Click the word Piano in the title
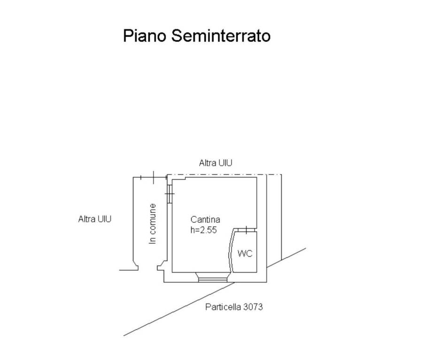pos(144,36)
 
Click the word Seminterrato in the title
pos(220,36)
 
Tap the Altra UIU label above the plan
pos(215,163)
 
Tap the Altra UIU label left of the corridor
pos(94,219)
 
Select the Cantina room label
pos(205,219)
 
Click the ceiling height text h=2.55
pos(203,230)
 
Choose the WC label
pos(245,253)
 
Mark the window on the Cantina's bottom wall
pos(212,279)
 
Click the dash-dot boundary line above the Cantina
pos(225,174)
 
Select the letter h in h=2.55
pos(193,230)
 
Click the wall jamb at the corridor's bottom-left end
pos(135,267)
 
